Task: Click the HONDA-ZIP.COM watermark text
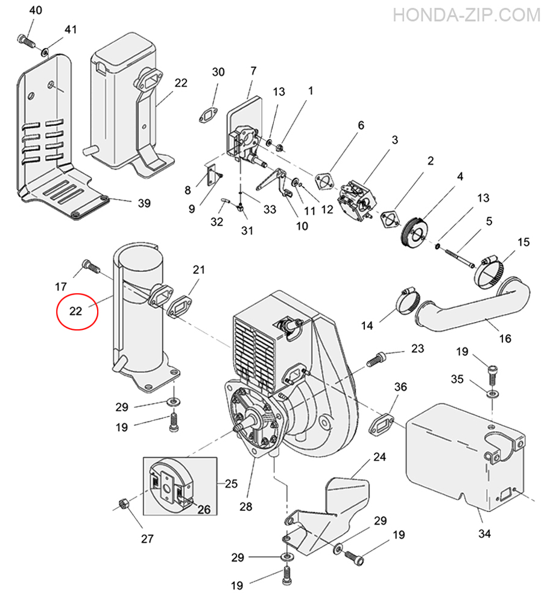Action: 466,16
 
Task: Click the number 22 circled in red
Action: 76,311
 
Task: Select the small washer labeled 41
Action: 45,51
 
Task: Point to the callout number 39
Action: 144,203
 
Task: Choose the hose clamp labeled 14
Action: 408,301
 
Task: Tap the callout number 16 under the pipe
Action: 505,338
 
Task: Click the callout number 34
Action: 484,534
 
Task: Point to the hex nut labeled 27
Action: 124,504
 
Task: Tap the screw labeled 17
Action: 91,266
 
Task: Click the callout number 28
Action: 246,507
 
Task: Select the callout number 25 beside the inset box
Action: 231,484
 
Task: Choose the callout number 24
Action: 379,457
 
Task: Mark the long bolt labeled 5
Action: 460,258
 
